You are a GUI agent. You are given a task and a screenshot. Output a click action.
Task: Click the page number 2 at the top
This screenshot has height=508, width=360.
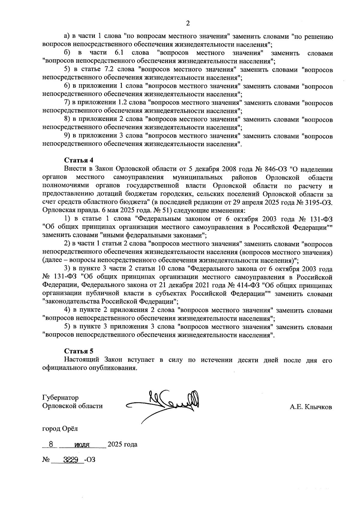[188, 23]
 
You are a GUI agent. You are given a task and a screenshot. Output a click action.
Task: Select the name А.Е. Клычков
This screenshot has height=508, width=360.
[311, 407]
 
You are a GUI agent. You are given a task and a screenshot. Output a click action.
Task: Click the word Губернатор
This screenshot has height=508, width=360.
[61, 398]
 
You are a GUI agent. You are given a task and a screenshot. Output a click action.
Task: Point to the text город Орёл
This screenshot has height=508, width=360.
[60, 428]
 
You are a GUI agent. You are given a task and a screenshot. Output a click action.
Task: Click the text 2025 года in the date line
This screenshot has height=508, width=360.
[122, 444]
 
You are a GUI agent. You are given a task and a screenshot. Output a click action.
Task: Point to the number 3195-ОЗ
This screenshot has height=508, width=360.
[318, 202]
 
